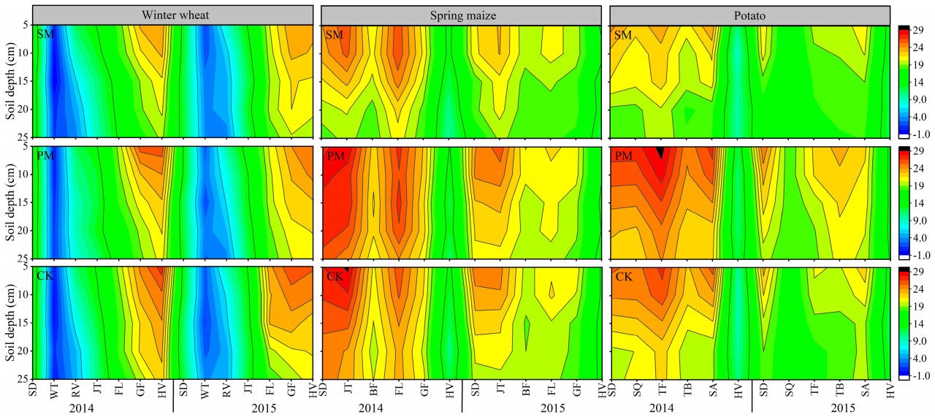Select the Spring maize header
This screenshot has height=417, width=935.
coord(462,15)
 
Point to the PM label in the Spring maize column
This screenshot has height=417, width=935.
coord(335,156)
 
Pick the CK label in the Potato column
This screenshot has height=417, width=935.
coord(625,278)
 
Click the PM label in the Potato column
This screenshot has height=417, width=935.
coord(625,156)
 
